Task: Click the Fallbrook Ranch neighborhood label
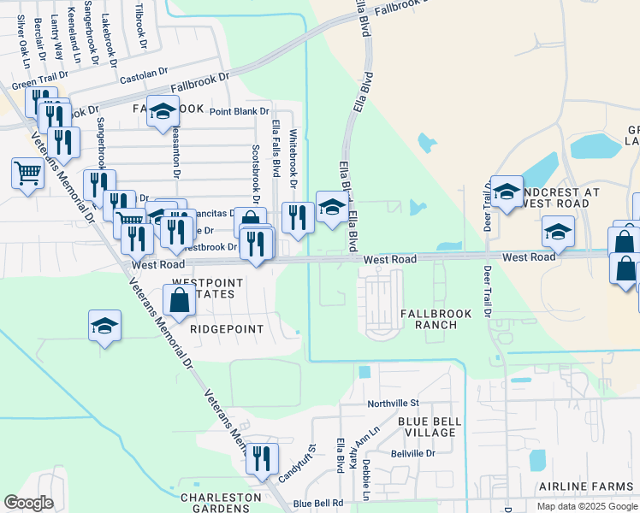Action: (436, 320)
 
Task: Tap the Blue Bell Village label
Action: (430, 427)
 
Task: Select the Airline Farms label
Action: (586, 486)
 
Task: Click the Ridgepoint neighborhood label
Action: (228, 327)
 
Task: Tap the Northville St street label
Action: (393, 403)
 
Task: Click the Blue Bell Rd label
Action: (317, 504)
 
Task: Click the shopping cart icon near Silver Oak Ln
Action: (27, 175)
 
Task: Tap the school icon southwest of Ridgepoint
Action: (104, 326)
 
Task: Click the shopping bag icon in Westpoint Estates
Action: (179, 301)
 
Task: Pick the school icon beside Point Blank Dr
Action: (162, 111)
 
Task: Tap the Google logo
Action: (29, 503)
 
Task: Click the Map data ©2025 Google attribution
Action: (586, 506)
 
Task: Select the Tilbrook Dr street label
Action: (141, 24)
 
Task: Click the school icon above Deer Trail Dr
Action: (507, 192)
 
